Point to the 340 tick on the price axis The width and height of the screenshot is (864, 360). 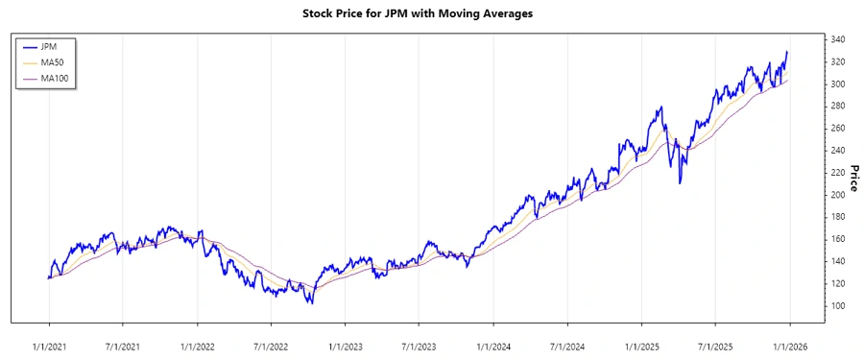click(x=837, y=39)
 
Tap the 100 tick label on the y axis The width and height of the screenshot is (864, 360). click(x=837, y=306)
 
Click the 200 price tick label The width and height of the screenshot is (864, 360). click(x=837, y=195)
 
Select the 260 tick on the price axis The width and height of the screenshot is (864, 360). click(x=837, y=129)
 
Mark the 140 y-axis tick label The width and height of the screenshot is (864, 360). click(x=837, y=261)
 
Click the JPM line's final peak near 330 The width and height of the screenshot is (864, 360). click(x=787, y=52)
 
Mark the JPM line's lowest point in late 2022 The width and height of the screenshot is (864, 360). click(x=309, y=303)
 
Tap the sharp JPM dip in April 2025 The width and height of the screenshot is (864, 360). click(x=681, y=182)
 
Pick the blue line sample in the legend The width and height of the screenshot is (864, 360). click(x=29, y=46)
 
